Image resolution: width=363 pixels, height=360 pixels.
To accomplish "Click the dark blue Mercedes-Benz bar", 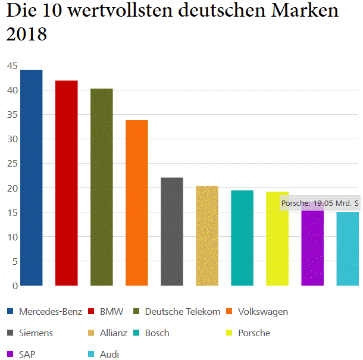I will (x=31, y=178).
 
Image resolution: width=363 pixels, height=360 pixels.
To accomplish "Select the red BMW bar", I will (x=66, y=183).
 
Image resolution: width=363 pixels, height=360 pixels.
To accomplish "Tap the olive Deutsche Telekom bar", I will (x=101, y=187).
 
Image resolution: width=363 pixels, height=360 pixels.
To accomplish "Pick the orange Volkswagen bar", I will (x=136, y=203).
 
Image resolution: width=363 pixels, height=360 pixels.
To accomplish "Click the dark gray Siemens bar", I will (x=171, y=231).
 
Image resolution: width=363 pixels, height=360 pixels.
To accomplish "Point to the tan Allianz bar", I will (x=206, y=236).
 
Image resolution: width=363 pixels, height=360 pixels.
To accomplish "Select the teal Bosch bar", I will (x=242, y=238).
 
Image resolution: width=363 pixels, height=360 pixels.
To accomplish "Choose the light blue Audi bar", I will (x=348, y=249).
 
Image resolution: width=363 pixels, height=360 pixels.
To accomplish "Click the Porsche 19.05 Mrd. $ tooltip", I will (x=320, y=204).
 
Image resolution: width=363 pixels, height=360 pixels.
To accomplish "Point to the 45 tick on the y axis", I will (x=12, y=66).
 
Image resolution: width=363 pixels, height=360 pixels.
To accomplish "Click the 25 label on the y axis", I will (x=12, y=164).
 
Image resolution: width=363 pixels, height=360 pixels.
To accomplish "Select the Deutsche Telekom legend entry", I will (x=182, y=312).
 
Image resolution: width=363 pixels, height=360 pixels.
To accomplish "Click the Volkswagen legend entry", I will (x=262, y=312).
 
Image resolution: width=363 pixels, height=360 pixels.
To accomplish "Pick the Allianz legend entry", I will (x=114, y=333).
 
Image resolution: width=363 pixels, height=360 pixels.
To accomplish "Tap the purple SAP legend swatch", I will (x=10, y=355).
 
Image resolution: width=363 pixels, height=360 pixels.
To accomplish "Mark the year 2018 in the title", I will (x=26, y=35).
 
